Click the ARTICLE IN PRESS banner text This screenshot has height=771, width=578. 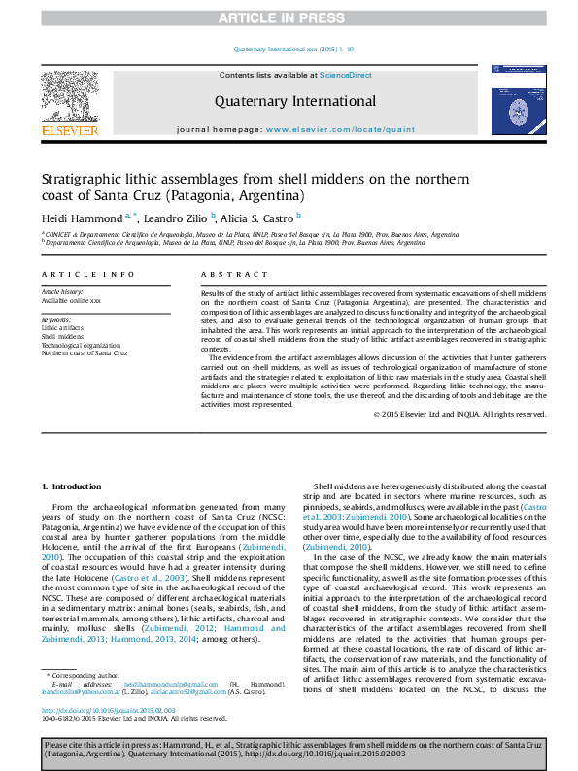[289, 17]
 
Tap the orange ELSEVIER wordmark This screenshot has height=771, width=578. [69, 130]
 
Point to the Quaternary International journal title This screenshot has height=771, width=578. [294, 101]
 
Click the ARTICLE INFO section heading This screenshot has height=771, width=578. [87, 275]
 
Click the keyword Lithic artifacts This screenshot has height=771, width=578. [61, 328]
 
